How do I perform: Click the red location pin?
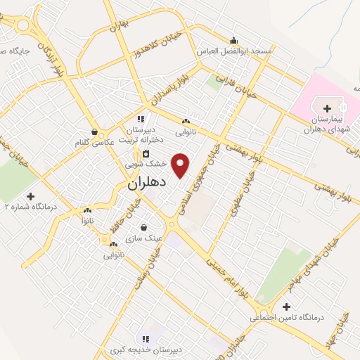click(181, 164)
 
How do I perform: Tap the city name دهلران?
click(147, 183)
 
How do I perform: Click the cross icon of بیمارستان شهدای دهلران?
click(328, 108)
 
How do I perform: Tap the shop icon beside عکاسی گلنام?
click(95, 131)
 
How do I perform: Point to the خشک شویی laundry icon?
click(146, 153)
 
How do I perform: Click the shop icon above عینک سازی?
click(144, 227)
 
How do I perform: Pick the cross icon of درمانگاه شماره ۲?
click(30, 195)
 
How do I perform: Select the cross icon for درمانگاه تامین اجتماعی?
click(285, 307)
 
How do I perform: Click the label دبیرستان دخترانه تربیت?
click(144, 135)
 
